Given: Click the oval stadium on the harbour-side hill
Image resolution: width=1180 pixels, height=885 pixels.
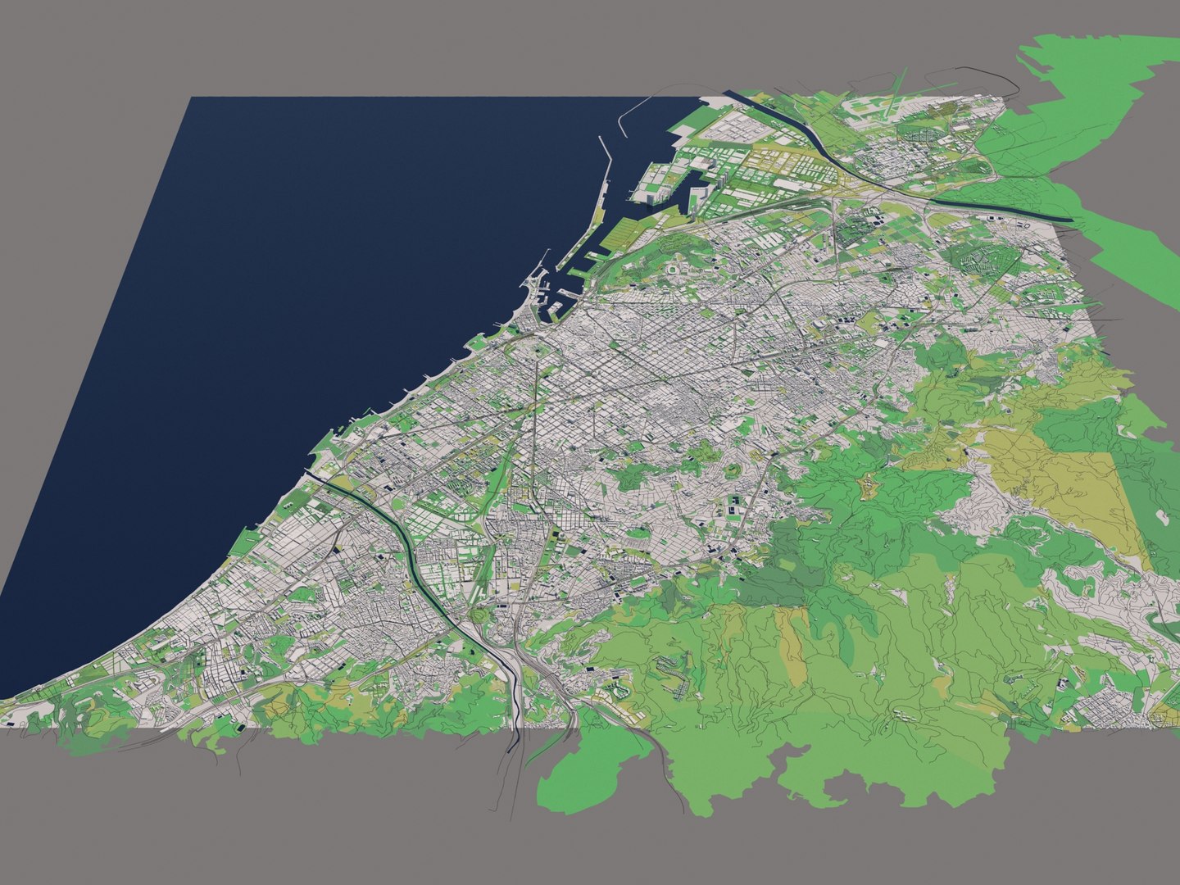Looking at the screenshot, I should pyautogui.click(x=674, y=268).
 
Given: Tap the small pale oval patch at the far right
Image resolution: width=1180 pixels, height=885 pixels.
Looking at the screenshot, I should pyautogui.click(x=1162, y=516).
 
